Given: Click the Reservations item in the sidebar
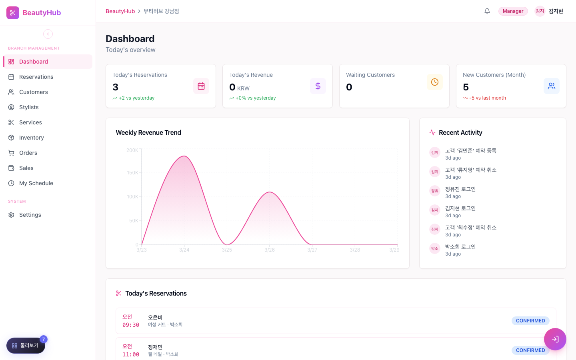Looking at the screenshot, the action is coord(36,77).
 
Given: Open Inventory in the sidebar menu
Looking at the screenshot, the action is coord(31,138).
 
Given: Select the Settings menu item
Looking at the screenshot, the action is coord(30,215).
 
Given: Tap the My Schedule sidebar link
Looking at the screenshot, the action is coord(36,183).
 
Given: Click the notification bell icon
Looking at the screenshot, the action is coord(487,11).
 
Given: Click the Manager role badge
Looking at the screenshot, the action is coord(513,11).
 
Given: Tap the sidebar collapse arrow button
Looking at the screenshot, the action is coord(48,34).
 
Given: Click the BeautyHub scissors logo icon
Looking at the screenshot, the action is coord(13,13).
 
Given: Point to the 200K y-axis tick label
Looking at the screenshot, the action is coord(132,150).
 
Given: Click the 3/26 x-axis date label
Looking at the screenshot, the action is coord(270,250).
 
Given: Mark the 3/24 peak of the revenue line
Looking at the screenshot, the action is coord(184,156).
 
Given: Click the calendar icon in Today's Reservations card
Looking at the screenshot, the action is coord(201,86).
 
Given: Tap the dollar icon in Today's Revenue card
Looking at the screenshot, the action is coord(318,86).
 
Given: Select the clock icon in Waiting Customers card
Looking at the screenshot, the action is coord(434,82).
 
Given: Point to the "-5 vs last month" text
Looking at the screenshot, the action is coord(487,98).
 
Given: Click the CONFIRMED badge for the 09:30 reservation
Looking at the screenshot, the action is coord(530,321).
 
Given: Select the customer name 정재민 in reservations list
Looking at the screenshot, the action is coord(155,347).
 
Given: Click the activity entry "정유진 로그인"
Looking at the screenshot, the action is coord(460,189).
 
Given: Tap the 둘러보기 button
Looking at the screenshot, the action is coord(26,345).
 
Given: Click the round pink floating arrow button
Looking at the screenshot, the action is coord(555,339).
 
